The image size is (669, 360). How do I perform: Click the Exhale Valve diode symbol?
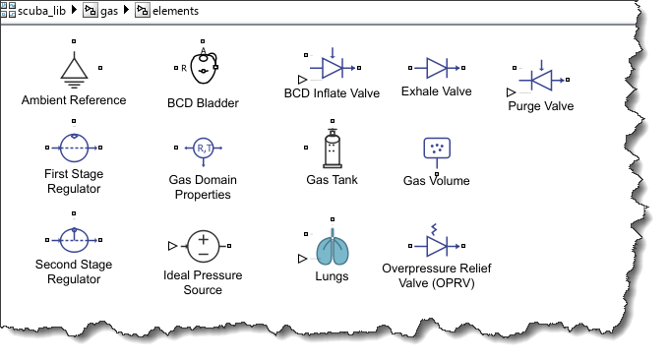(x=437, y=68)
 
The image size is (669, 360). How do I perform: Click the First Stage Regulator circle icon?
(x=74, y=148)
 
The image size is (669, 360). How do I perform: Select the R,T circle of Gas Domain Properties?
(x=204, y=148)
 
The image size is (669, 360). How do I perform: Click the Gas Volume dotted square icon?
(x=437, y=148)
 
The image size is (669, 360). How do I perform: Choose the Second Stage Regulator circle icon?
(x=74, y=240)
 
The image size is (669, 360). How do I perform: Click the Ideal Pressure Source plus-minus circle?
(x=204, y=246)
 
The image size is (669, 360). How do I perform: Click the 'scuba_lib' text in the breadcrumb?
(x=41, y=11)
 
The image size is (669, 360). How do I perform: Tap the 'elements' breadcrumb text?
(x=176, y=11)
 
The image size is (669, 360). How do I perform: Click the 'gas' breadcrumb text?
(x=109, y=12)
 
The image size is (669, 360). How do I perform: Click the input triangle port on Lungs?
(x=302, y=259)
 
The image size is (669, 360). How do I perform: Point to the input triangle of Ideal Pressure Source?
(x=172, y=246)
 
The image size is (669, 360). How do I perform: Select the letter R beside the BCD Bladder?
(x=184, y=68)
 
